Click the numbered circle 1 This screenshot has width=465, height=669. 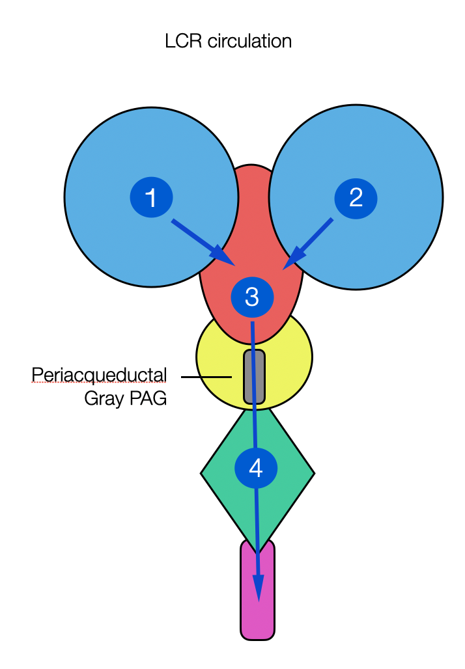coord(151,197)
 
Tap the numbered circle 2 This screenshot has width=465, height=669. coord(356,197)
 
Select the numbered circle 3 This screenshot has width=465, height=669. coord(252,297)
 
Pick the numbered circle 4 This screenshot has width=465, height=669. coord(256,468)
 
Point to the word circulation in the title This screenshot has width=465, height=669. coord(250,42)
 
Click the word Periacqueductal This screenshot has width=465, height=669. coord(99,375)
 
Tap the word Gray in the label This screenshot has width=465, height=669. coord(103,398)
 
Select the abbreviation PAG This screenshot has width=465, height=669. coord(147,398)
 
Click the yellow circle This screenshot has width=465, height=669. coord(287,364)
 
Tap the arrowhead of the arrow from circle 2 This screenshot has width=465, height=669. coord(290,259)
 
